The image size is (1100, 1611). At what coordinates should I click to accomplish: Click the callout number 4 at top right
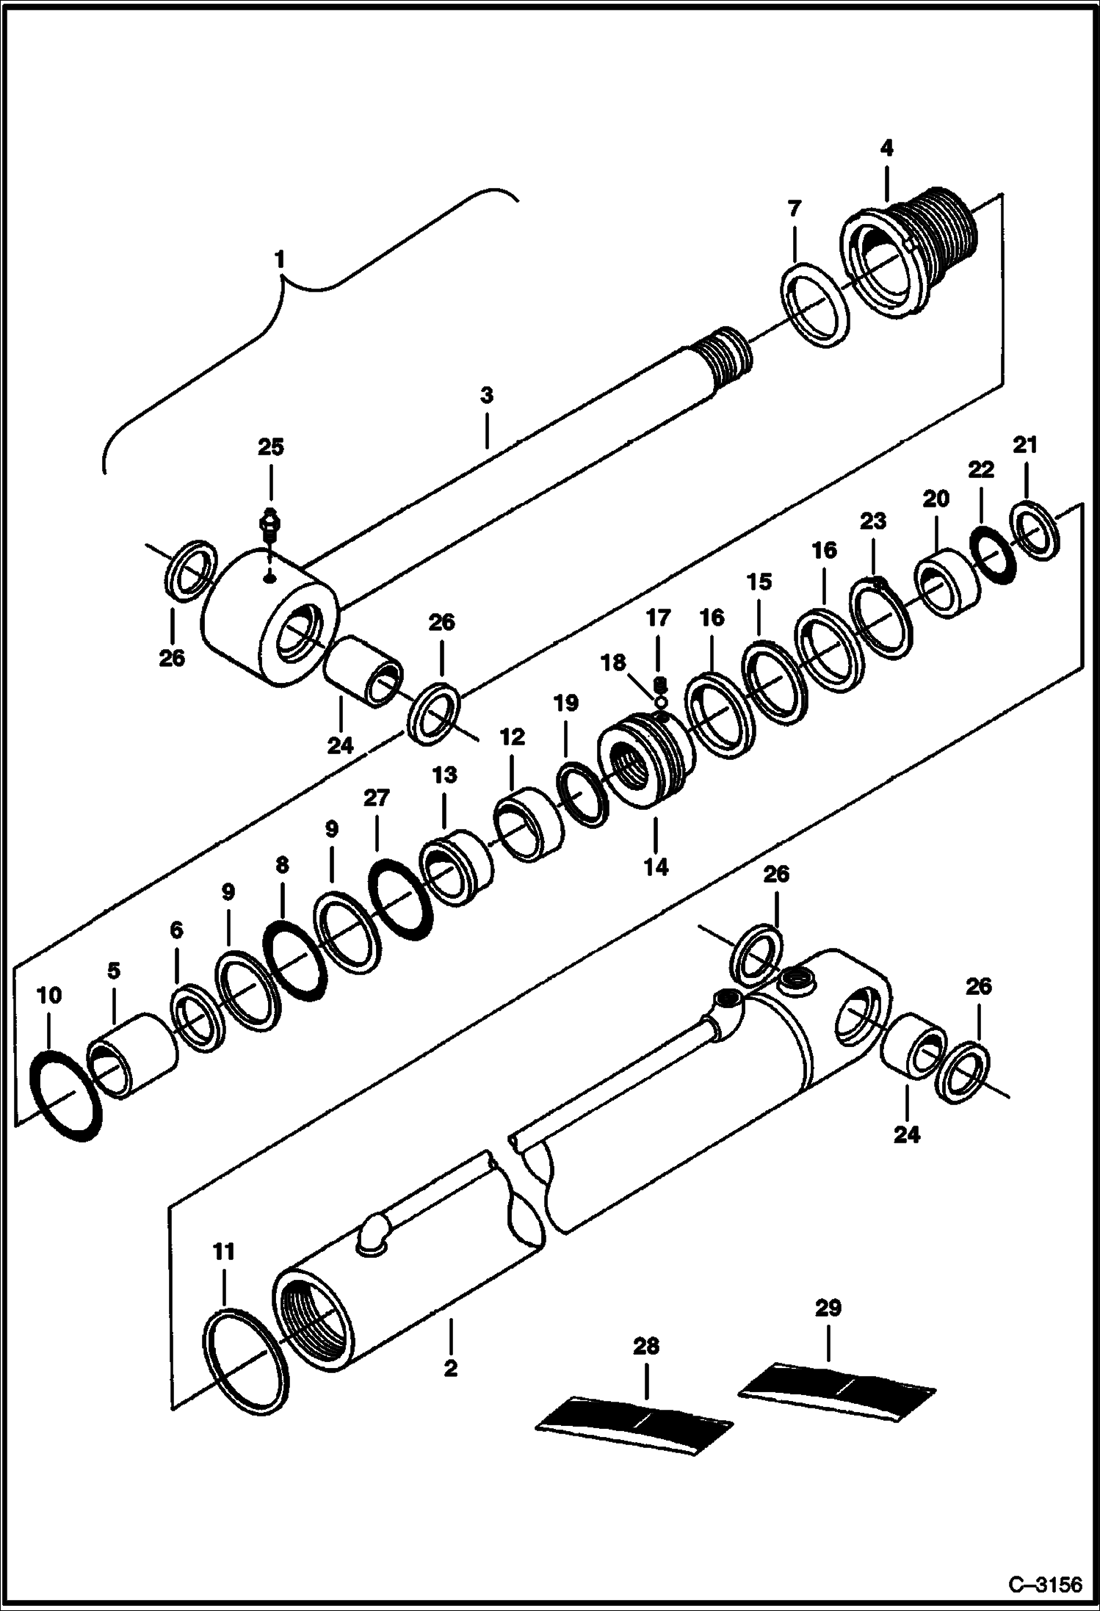click(x=886, y=148)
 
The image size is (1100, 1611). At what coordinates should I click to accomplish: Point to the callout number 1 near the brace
click(x=279, y=259)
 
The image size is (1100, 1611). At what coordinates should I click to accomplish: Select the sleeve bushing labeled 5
click(x=132, y=1056)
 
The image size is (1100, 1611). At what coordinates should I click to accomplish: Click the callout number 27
click(x=376, y=797)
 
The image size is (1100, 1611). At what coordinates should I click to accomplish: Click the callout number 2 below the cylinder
click(x=451, y=1369)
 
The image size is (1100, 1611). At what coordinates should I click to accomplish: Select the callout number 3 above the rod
click(x=486, y=396)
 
